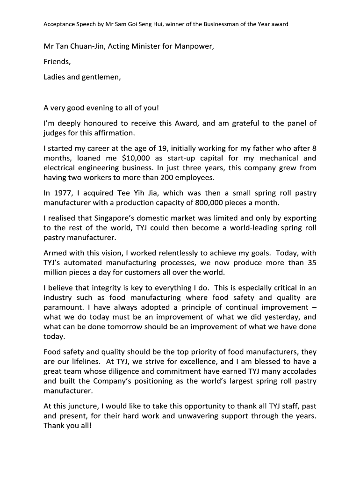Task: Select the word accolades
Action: (x=293, y=371)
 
